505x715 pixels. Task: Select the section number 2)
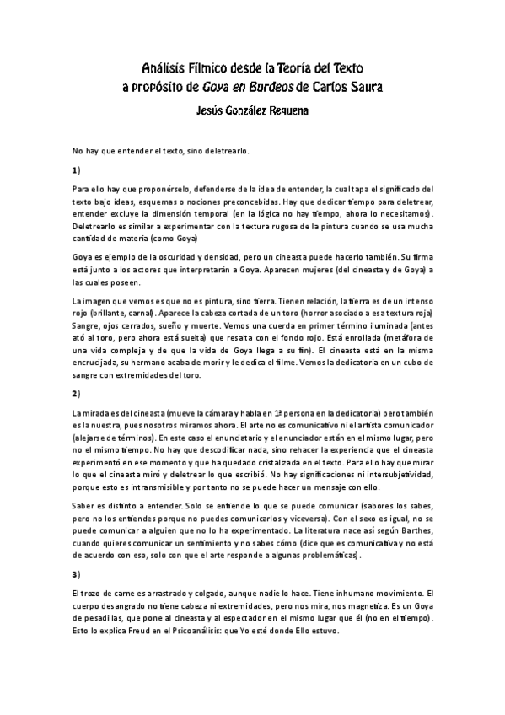click(76, 394)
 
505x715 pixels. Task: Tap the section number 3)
click(76, 574)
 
